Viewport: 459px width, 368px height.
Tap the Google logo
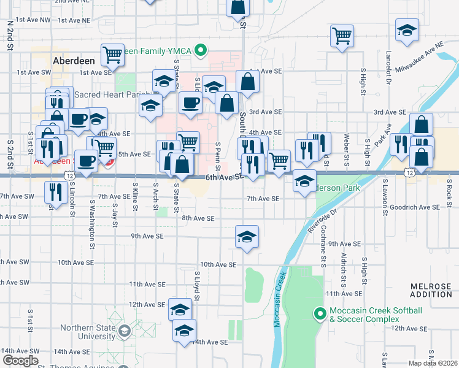tap(20, 361)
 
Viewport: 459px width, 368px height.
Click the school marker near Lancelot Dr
tap(406, 31)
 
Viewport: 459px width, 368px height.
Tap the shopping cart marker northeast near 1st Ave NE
tap(342, 34)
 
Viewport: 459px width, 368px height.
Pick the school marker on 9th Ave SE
tap(247, 237)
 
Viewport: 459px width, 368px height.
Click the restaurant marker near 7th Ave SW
tap(56, 193)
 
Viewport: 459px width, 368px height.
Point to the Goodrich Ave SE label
tap(414, 208)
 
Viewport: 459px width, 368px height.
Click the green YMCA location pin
tap(200, 50)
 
